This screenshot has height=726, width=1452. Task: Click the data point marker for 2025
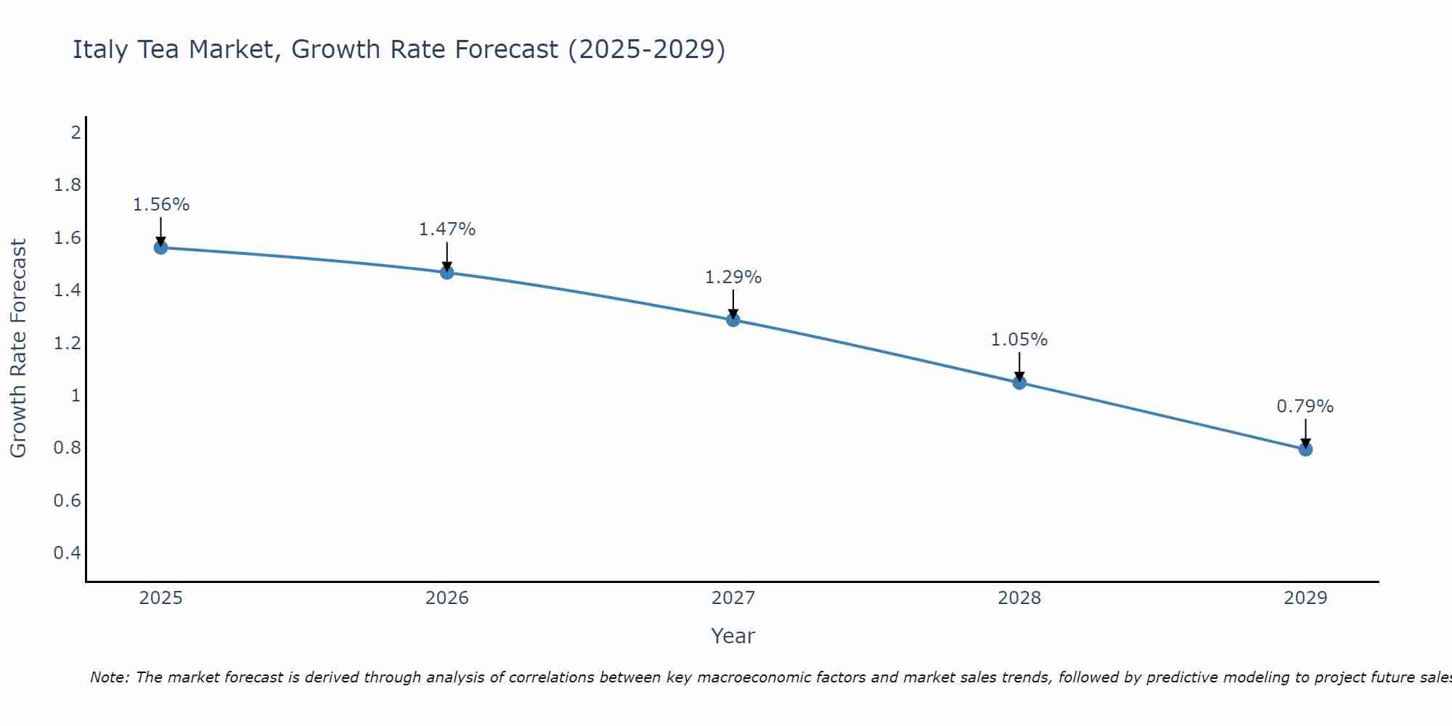160,248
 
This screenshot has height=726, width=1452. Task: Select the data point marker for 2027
733,319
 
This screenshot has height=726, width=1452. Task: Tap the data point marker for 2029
1305,449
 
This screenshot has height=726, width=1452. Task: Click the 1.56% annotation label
160,205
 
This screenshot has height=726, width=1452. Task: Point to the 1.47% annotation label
447,229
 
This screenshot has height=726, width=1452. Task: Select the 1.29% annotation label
733,277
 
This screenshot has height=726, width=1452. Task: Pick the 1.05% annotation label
1019,340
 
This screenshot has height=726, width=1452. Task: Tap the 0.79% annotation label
1305,407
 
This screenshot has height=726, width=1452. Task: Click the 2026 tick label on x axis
447,598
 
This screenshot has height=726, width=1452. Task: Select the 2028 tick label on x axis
1019,598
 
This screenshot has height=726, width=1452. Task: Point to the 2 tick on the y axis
76,132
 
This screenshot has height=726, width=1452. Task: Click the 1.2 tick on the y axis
68,343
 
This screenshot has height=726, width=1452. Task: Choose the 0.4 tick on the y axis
68,553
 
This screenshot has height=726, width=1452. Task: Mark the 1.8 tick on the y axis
68,185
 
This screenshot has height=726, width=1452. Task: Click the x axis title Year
733,636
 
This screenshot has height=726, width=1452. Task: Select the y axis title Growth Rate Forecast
18,348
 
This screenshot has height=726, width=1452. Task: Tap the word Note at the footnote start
109,677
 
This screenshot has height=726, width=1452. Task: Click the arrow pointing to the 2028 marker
1019,367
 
